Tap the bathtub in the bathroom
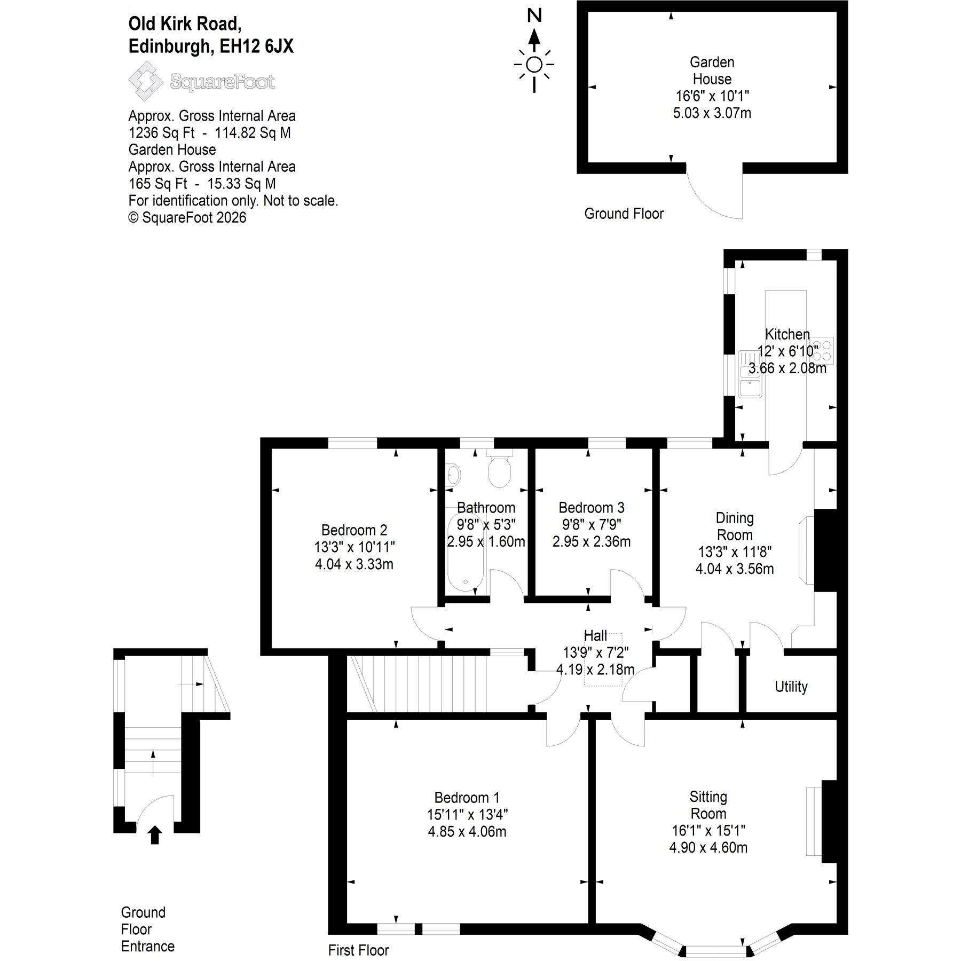coord(466,553)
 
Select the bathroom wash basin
coord(453,474)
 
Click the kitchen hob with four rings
coord(821,351)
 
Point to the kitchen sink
coord(750,374)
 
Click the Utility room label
coord(791,687)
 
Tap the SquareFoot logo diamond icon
coord(145,81)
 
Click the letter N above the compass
coord(534,15)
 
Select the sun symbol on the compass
coord(534,65)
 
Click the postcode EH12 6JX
coord(256,46)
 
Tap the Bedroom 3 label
coord(591,507)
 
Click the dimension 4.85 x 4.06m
coord(467,831)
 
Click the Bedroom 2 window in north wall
coord(352,443)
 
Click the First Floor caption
coord(358,950)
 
